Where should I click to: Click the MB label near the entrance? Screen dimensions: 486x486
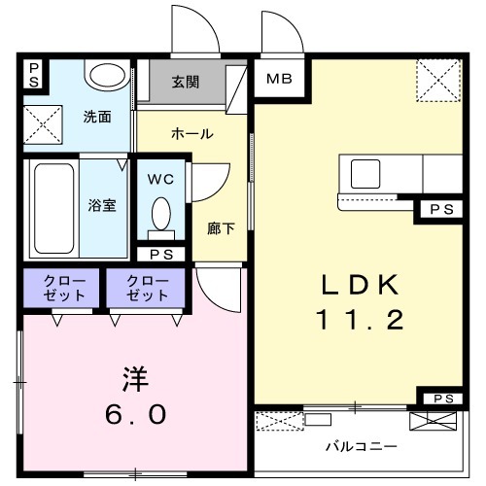coord(279,79)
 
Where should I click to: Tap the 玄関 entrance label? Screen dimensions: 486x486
coord(185,82)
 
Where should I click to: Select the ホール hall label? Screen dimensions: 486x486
coord(191,133)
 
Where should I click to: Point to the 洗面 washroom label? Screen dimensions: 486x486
coord(97,117)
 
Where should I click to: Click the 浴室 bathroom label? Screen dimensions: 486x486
coord(102,205)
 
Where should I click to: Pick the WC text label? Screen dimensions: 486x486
coord(160,179)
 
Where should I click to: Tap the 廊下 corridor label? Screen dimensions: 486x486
coord(221,228)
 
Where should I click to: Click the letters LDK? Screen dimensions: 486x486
coord(360,285)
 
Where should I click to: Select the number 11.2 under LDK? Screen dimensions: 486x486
coord(360,320)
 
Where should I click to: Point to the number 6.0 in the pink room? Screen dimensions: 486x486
coord(136,414)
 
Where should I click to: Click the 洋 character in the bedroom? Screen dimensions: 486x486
coord(136,379)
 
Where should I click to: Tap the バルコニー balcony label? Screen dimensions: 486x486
coord(361,447)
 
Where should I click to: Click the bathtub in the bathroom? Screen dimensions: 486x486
coord(53,208)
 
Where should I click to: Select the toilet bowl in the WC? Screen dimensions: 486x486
coord(161,215)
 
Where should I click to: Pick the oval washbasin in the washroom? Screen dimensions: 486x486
coord(107,76)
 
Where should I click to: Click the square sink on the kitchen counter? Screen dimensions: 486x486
coord(365,174)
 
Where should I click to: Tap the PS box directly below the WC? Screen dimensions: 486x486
coord(161,255)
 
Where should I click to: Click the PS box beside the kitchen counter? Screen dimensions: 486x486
coord(441,210)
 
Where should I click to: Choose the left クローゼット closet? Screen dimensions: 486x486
coord(61,288)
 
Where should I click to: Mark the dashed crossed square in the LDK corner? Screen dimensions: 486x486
coord(438,81)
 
